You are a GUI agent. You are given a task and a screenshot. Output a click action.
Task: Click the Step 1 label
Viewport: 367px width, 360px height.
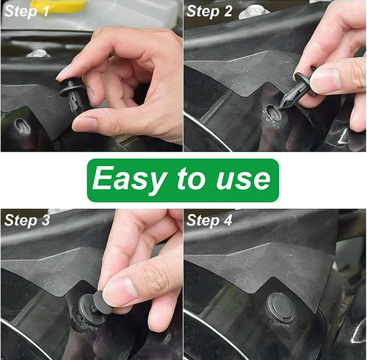pyautogui.click(x=26, y=12)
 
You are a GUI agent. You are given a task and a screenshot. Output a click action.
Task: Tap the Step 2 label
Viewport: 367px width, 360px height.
pyautogui.click(x=209, y=12)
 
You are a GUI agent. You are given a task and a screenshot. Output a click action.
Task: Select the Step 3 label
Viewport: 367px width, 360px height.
pyautogui.click(x=27, y=220)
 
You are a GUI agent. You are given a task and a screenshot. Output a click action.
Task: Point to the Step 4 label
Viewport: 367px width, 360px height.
pyautogui.click(x=209, y=220)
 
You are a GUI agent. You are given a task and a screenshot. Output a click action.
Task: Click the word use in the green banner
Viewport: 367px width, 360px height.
pyautogui.click(x=243, y=179)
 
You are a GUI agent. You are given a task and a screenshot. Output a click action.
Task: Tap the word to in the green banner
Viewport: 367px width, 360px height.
pyautogui.click(x=192, y=178)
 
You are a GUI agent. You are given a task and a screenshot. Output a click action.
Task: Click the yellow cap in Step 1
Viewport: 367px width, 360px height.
pyautogui.click(x=58, y=6)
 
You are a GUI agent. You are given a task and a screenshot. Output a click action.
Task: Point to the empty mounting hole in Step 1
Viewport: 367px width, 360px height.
pyautogui.click(x=23, y=126)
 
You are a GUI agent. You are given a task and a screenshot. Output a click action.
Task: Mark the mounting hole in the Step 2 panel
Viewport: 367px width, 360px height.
pyautogui.click(x=273, y=112)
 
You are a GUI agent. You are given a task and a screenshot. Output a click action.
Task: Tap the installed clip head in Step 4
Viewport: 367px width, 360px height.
pyautogui.click(x=280, y=308)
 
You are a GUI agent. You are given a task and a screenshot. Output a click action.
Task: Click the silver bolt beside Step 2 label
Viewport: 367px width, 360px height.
pyautogui.click(x=253, y=12)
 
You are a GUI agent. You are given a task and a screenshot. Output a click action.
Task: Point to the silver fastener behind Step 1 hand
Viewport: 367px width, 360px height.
pyautogui.click(x=38, y=54)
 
